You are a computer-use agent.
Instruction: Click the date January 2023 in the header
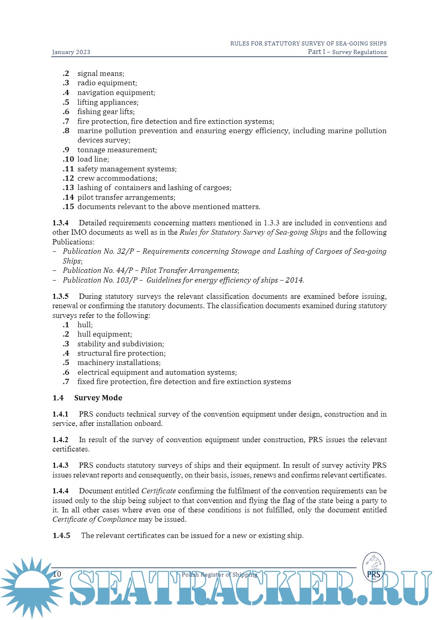(x=71, y=52)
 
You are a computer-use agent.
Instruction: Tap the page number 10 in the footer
(x=57, y=574)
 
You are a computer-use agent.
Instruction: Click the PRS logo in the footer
(x=374, y=567)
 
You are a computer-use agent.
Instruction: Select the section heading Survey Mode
(x=98, y=398)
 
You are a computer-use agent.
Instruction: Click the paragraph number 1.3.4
(x=61, y=223)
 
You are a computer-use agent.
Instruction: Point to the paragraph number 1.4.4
(x=61, y=491)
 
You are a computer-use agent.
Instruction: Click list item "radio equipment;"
(x=107, y=83)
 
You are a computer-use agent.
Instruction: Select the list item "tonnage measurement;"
(x=117, y=150)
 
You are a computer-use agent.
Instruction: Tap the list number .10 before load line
(x=68, y=159)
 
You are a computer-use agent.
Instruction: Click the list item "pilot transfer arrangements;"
(x=126, y=197)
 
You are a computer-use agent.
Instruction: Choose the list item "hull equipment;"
(x=105, y=334)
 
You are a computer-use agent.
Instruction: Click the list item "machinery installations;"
(x=119, y=363)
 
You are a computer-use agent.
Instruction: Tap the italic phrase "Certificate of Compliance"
(x=94, y=519)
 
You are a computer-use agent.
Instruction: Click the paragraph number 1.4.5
(x=61, y=536)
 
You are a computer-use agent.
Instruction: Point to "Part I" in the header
(x=316, y=52)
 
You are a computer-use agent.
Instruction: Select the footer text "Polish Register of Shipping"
(x=219, y=575)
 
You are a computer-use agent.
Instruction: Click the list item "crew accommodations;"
(x=117, y=178)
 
